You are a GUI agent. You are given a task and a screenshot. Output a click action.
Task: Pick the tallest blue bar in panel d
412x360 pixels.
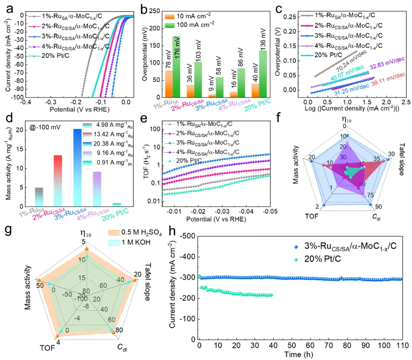pyautogui.click(x=77, y=166)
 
